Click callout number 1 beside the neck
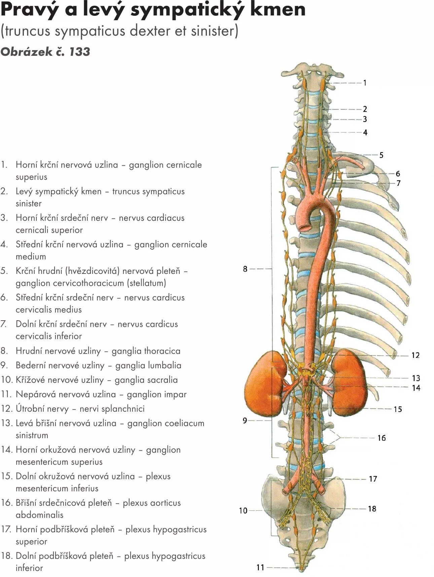[x=365, y=83]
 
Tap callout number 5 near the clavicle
[x=381, y=155]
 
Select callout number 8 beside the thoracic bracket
[x=245, y=269]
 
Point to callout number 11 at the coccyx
[x=260, y=568]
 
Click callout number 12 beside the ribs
[x=415, y=356]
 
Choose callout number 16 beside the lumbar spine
[x=381, y=438]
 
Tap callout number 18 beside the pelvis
[x=372, y=509]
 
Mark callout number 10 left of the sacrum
[x=243, y=511]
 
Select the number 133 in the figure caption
[x=80, y=52]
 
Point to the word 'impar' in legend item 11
[x=175, y=394]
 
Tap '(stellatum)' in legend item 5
[x=146, y=283]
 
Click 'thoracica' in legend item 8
[x=162, y=351]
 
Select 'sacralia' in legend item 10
[x=162, y=380]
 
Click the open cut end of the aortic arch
[x=305, y=226]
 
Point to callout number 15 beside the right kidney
[x=398, y=409]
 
